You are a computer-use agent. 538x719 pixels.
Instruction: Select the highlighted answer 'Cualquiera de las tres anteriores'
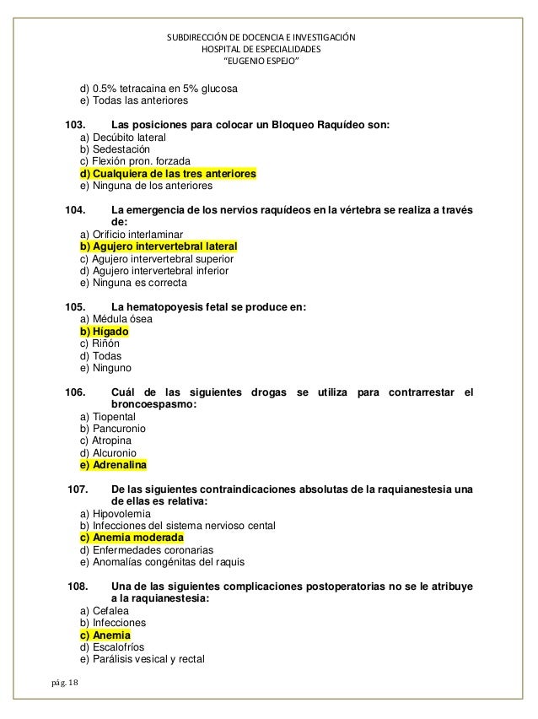(168, 174)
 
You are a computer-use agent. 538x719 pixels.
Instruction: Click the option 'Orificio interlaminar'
(131, 235)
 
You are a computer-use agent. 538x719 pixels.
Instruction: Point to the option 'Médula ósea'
(115, 320)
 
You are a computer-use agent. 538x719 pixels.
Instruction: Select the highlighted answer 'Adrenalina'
(112, 465)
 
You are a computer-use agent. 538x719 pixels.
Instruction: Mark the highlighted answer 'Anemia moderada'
(131, 538)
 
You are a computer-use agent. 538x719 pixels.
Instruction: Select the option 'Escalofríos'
(110, 647)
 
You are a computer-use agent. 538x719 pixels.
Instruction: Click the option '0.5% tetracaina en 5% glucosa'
(158, 88)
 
